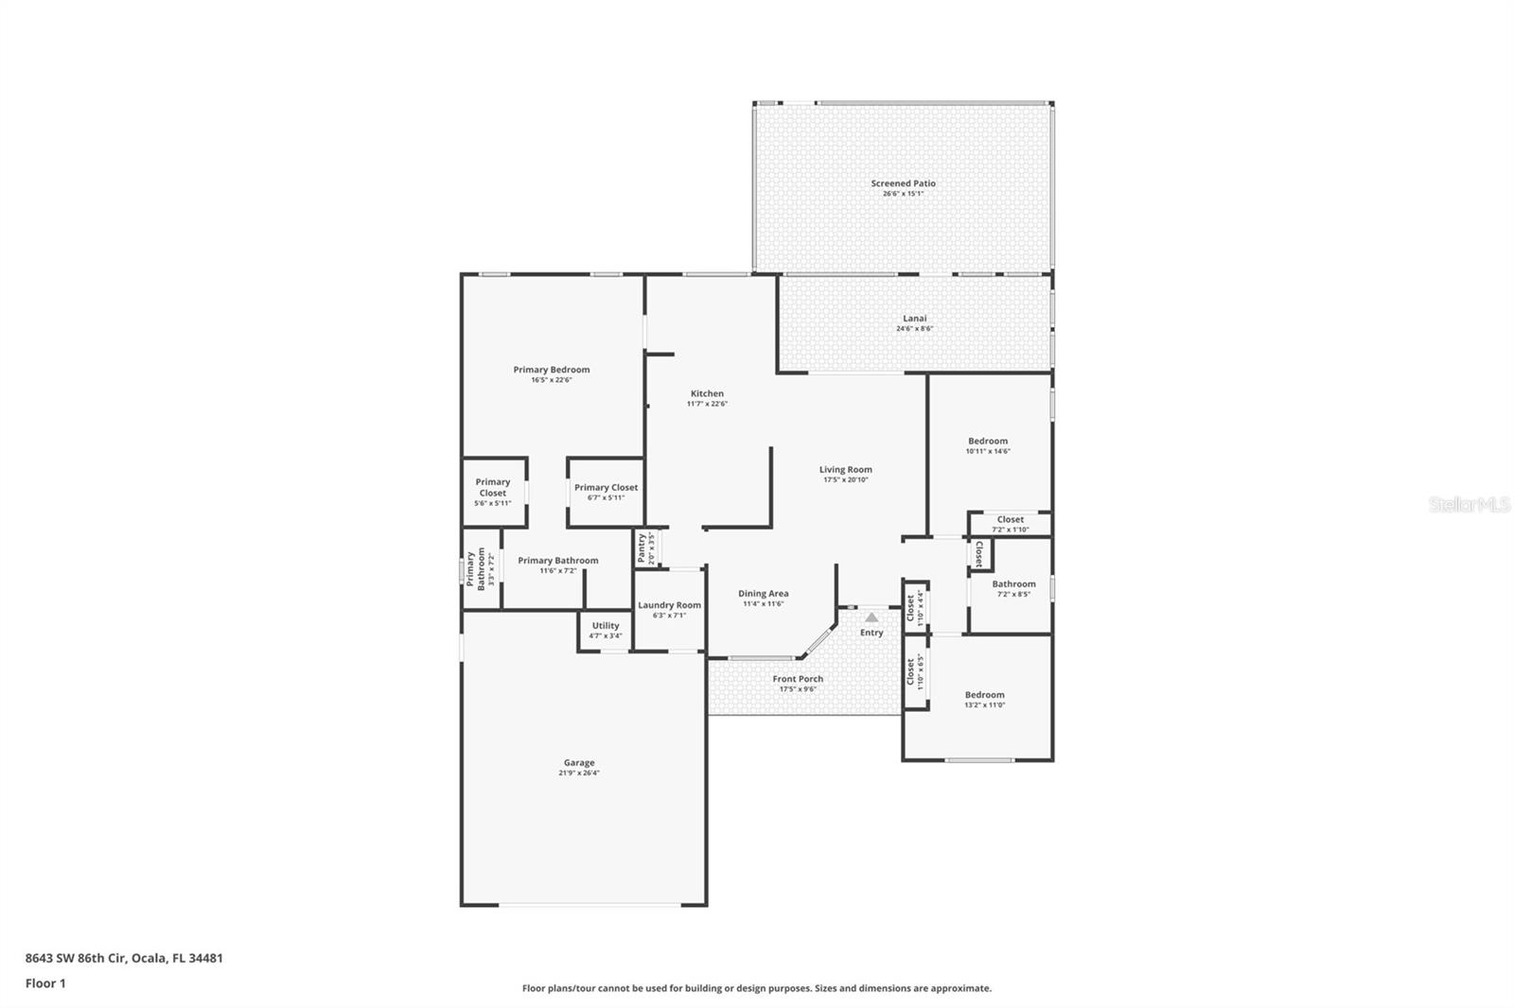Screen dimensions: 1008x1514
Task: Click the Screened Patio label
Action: click(x=903, y=183)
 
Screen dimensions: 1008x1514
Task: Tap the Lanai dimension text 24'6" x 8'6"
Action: click(x=914, y=329)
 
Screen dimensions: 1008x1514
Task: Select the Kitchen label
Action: click(x=707, y=393)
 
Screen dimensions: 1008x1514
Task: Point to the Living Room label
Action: click(x=845, y=469)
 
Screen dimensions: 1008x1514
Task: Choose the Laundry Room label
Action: click(x=669, y=605)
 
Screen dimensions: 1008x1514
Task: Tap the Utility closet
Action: click(x=606, y=630)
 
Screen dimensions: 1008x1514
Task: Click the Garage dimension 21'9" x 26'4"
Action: click(x=579, y=773)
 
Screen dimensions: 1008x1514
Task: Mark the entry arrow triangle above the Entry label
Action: click(x=871, y=617)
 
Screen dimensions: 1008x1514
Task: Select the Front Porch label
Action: click(x=798, y=679)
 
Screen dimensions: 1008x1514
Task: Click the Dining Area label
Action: click(x=763, y=594)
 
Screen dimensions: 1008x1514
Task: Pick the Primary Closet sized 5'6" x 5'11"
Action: click(x=493, y=492)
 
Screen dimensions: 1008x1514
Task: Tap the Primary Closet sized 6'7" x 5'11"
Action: click(x=606, y=492)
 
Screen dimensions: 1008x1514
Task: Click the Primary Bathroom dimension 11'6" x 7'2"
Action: click(x=558, y=571)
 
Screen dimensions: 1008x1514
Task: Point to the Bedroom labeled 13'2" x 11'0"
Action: click(x=984, y=699)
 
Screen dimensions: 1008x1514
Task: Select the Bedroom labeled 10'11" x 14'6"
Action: click(x=987, y=445)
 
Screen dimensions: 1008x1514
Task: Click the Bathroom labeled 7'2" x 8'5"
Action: click(x=1013, y=588)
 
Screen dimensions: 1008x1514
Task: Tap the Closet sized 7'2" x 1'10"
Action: click(x=1010, y=524)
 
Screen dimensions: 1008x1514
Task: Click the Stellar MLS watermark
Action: click(x=1469, y=505)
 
